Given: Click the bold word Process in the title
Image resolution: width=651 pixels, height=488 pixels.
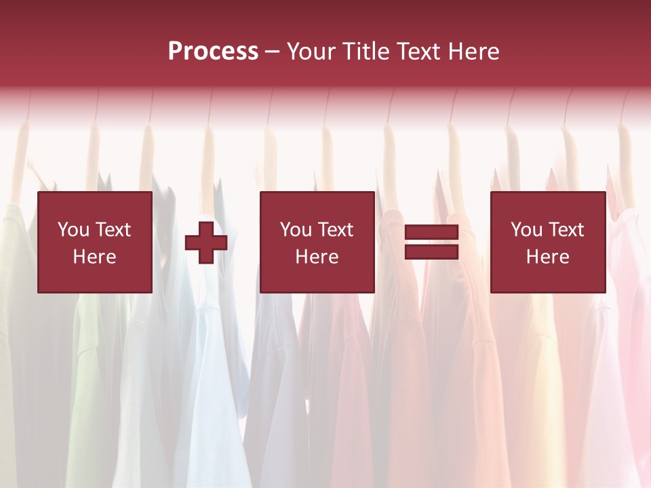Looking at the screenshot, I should (x=213, y=52).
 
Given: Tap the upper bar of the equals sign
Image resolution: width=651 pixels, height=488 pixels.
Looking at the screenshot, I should (x=431, y=232).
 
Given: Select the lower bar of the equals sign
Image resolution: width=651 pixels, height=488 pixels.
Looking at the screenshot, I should (x=431, y=252).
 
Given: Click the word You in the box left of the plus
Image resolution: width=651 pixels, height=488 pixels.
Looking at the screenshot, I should (x=73, y=230).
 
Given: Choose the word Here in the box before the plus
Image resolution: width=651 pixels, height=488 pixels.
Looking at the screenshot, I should (x=94, y=257).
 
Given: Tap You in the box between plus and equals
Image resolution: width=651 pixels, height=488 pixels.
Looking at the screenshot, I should (x=295, y=230).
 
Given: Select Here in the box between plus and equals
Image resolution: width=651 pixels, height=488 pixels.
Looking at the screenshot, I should (x=317, y=257).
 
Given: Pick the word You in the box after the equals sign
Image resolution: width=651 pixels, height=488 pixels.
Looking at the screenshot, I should (x=526, y=230).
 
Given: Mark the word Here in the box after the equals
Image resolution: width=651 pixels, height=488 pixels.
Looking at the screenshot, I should (x=547, y=257).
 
